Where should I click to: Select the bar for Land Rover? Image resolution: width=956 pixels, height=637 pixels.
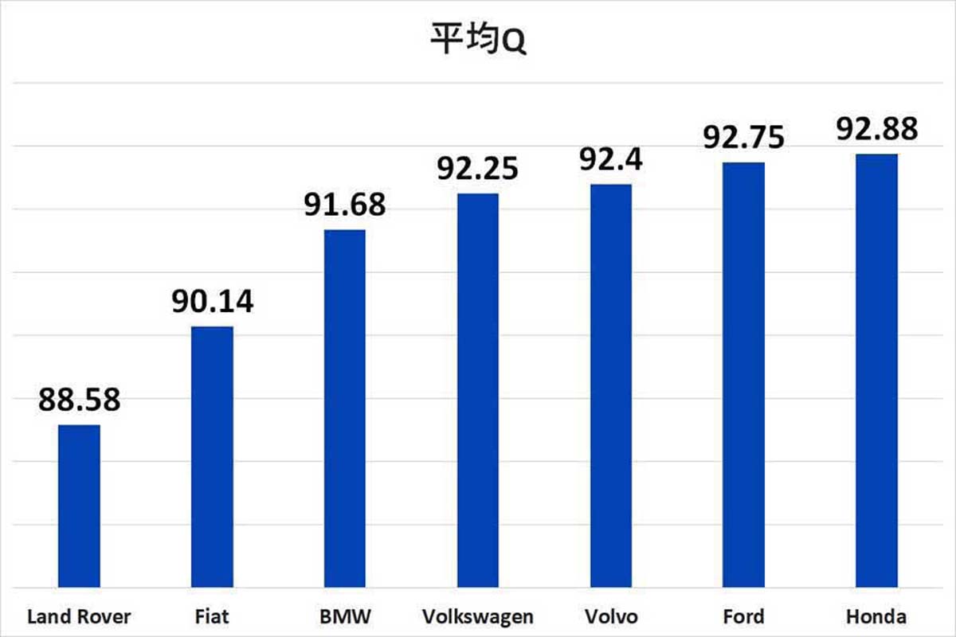click(x=80, y=506)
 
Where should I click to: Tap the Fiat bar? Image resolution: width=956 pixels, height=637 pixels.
click(x=212, y=457)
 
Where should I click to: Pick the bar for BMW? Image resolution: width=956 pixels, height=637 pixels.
click(x=345, y=408)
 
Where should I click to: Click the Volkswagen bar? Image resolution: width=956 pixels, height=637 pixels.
click(x=477, y=390)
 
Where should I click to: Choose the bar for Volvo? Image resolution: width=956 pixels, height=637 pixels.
click(x=610, y=386)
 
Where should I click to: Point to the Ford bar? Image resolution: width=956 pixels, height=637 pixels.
click(x=743, y=375)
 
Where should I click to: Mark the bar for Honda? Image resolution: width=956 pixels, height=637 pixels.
click(x=876, y=370)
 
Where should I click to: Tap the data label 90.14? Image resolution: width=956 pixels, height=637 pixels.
click(x=212, y=303)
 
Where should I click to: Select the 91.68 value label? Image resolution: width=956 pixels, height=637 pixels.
click(x=345, y=205)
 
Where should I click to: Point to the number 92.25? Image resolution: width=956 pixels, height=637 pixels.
click(x=477, y=169)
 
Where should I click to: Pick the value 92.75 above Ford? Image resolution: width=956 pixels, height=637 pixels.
click(x=743, y=137)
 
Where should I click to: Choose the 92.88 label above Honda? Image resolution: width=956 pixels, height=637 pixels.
click(x=876, y=129)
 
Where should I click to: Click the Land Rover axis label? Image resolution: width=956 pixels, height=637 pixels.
click(x=79, y=617)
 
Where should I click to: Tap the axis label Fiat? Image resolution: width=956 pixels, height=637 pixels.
click(x=211, y=617)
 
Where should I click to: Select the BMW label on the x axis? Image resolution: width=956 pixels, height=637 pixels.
click(x=344, y=617)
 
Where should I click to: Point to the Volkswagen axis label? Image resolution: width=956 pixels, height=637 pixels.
click(x=477, y=617)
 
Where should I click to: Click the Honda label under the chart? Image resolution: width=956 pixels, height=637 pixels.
click(x=876, y=617)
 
